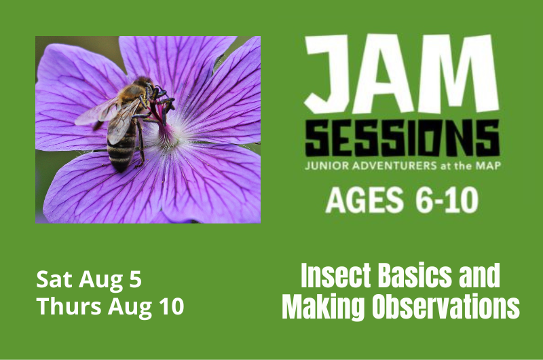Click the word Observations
tap(445, 308)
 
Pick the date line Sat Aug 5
tap(89, 279)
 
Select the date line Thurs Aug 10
tap(110, 306)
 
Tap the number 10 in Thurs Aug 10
tap(170, 306)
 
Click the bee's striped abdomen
tap(121, 149)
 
